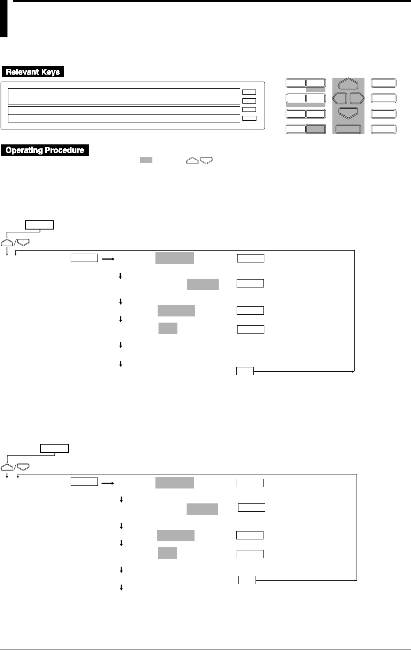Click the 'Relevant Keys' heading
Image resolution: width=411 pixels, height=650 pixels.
[x=33, y=72]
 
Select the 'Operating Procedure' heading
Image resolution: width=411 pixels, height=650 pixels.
[x=45, y=150]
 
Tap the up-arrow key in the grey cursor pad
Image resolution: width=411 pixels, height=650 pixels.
[x=349, y=83]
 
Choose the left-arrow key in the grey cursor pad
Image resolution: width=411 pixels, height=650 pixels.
[x=340, y=97]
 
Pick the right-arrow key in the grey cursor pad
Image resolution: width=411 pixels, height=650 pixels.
[x=357, y=97]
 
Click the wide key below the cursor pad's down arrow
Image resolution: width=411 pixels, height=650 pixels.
[x=348, y=129]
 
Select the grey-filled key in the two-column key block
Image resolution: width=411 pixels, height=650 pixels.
[x=316, y=129]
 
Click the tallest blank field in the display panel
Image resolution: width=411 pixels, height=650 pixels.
[x=121, y=96]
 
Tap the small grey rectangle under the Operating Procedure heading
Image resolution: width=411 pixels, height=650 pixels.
[x=146, y=161]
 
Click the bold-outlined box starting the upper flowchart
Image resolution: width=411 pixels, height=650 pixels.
[x=40, y=225]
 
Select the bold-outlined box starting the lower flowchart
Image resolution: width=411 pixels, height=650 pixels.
[x=54, y=448]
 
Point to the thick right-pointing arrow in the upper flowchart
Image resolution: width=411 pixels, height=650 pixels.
[x=108, y=259]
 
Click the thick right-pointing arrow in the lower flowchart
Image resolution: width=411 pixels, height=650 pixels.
[x=108, y=483]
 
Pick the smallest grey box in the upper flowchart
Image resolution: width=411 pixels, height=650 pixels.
[x=168, y=328]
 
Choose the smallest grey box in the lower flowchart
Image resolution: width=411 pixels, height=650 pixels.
[x=167, y=553]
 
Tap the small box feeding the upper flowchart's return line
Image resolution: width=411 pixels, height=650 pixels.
[x=245, y=371]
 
